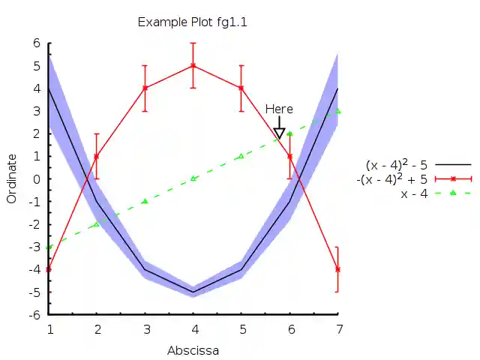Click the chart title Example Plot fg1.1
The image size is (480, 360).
[192, 22]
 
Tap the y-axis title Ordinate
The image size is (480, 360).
[11, 178]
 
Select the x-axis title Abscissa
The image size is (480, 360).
[193, 349]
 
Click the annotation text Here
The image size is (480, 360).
[279, 109]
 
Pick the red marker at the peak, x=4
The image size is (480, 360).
[193, 65]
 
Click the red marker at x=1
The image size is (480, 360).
[49, 269]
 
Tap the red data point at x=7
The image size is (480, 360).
[337, 269]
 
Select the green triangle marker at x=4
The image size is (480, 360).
[193, 178]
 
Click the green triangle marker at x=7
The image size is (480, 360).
[338, 111]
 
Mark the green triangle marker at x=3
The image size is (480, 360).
[145, 201]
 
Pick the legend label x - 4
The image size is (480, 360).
[414, 193]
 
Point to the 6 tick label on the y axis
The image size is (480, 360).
[35, 43]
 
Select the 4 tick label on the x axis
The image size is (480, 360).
[193, 329]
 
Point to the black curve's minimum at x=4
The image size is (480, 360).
[193, 292]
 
